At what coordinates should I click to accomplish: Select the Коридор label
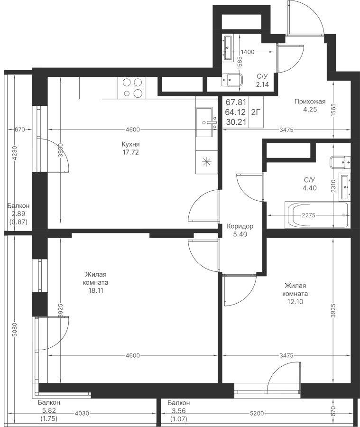point(240,226)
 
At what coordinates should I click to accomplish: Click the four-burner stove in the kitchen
point(132,88)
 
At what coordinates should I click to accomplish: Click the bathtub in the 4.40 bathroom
point(316,215)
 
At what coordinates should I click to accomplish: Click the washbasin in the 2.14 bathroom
point(228,47)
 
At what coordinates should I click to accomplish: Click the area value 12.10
point(295,302)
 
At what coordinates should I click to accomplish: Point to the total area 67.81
point(236,102)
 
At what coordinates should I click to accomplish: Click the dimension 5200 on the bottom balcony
point(257,413)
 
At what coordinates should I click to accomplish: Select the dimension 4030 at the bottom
point(82,413)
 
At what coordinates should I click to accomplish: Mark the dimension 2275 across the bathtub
point(308,215)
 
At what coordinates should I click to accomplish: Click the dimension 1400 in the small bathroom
point(248,52)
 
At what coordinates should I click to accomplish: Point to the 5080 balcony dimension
point(15,330)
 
